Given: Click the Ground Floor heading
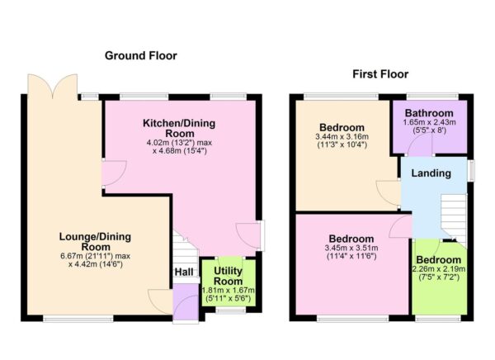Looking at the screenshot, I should tap(140, 56).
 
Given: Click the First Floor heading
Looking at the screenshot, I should tap(380, 74).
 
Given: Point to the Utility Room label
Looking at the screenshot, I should tap(228, 276).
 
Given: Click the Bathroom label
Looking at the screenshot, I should tap(428, 113).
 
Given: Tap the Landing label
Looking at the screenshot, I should tap(431, 173).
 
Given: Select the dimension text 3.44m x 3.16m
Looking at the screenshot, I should tap(342, 137).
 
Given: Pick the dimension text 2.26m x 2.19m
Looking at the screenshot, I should tap(439, 268).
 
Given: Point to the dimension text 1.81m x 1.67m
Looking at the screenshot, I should tap(228, 291).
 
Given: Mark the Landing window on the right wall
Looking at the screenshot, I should tap(472, 169).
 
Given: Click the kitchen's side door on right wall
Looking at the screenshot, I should tap(259, 235).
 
